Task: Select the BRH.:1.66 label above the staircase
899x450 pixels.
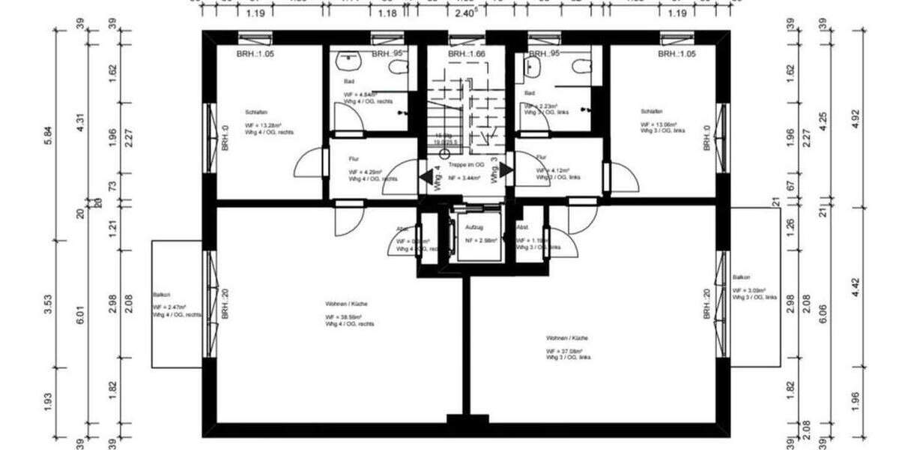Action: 467,54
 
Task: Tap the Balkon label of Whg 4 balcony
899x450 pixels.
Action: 161,295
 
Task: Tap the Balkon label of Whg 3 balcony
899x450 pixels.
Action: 741,277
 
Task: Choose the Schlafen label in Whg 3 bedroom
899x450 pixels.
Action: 651,110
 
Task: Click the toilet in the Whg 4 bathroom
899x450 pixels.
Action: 397,67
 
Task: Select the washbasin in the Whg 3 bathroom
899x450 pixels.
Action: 533,68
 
